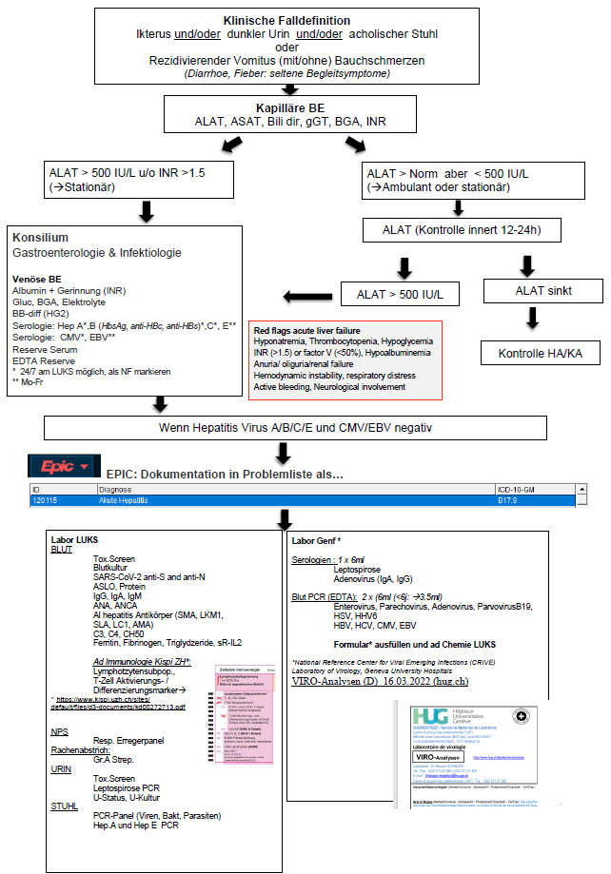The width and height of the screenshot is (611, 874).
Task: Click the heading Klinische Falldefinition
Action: coord(286,20)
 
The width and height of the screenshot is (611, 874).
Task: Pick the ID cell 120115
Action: coord(45,497)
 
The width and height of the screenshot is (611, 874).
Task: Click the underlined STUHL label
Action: coord(65,805)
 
